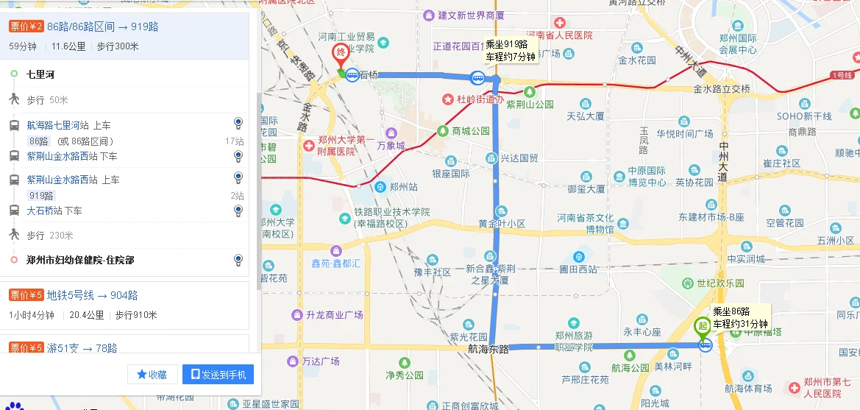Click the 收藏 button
coord(152,375)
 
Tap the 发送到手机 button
coord(218,375)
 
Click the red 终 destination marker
coord(341,54)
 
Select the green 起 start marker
coord(703,326)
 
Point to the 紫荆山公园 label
coord(530,104)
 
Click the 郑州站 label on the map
coord(403,187)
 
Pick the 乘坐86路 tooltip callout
coord(740,317)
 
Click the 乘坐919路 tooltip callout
coord(511,50)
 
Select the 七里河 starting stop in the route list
coord(40,74)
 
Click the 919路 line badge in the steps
coord(42,196)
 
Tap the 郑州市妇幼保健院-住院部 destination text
coord(80,260)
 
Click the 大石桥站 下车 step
coord(54,211)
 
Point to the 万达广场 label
coord(320,361)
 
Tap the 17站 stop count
coord(235,141)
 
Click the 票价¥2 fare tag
coord(26,27)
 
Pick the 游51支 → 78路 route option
coord(82,347)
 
